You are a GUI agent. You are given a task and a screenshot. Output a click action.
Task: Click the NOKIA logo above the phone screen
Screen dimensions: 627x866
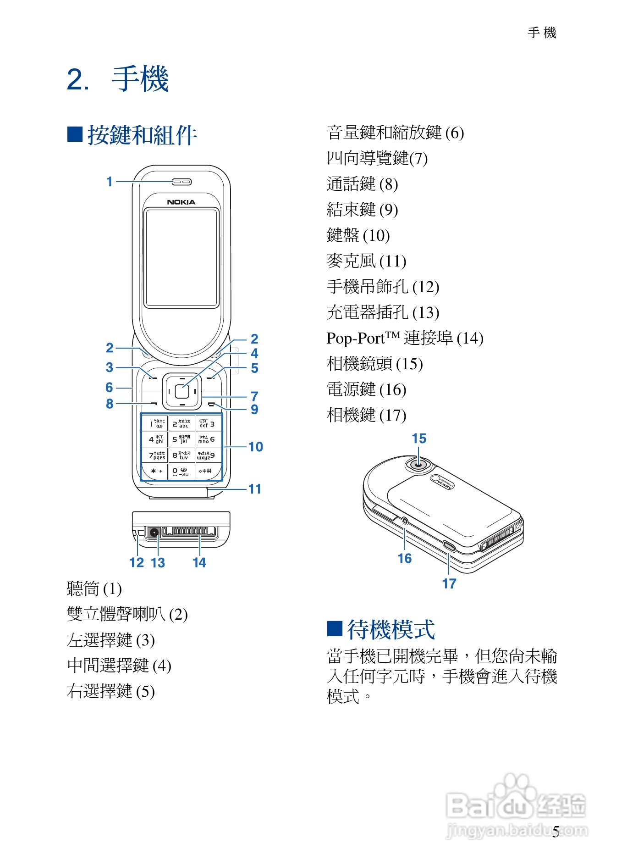[x=181, y=202]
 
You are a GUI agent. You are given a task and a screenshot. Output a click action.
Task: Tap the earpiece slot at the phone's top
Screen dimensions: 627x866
[x=182, y=182]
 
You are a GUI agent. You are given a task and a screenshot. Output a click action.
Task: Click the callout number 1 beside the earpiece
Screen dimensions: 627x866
[x=110, y=182]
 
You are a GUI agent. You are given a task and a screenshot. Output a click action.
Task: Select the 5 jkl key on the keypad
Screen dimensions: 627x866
[x=181, y=439]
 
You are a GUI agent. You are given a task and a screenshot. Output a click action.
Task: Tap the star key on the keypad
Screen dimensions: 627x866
[x=155, y=471]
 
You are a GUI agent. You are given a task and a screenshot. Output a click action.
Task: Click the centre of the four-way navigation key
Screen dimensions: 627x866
[x=182, y=392]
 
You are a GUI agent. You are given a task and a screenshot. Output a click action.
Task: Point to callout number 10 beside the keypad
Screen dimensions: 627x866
[x=255, y=447]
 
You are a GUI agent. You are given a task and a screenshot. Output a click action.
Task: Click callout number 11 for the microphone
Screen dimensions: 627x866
[x=255, y=489]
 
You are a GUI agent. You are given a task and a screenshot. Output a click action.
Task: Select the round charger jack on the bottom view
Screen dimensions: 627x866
[x=154, y=533]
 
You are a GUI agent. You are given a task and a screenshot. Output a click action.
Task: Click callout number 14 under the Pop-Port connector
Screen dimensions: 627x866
[x=199, y=563]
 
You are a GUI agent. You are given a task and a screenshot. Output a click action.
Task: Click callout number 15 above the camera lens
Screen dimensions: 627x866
[x=419, y=439]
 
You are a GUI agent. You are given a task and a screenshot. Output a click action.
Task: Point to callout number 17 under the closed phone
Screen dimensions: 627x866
[x=449, y=583]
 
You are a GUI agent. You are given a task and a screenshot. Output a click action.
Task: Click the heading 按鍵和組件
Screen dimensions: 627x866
[x=142, y=135]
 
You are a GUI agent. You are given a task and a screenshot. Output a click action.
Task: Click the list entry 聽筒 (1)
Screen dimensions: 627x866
[x=94, y=588]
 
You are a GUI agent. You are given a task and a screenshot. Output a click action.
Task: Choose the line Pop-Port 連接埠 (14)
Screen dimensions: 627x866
[x=405, y=338]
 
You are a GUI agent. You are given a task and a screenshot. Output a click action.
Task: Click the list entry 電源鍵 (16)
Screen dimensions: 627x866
[x=366, y=389]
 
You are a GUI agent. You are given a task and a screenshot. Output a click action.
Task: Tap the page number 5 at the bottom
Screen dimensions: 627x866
[x=555, y=832]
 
